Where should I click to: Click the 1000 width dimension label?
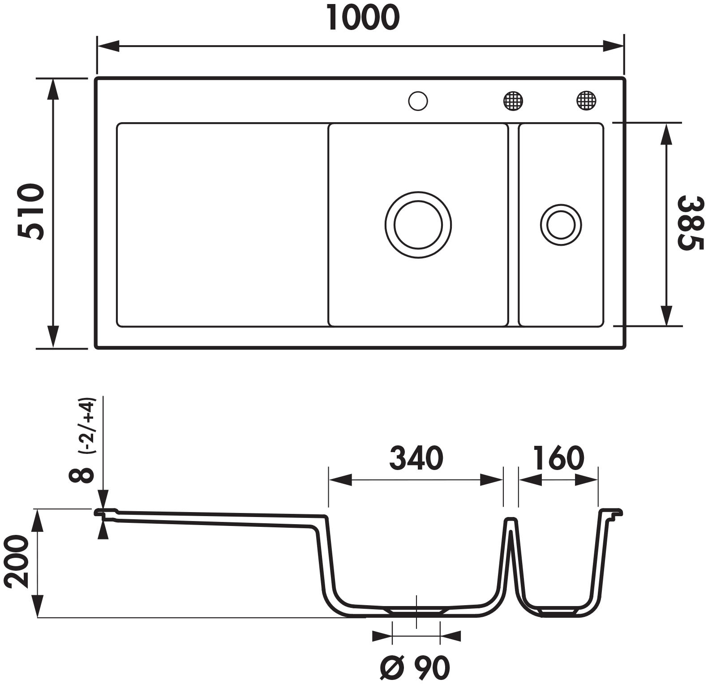click(x=363, y=17)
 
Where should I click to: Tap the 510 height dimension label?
click(x=31, y=211)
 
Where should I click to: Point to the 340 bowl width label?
click(x=416, y=458)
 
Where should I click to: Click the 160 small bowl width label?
click(x=558, y=458)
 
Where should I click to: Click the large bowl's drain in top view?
click(x=418, y=225)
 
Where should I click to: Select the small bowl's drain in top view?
click(x=561, y=225)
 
